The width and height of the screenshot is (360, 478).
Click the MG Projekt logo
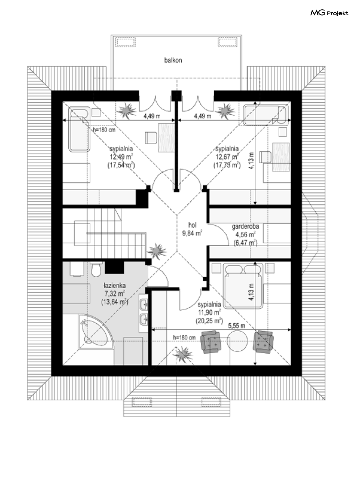tap(329, 13)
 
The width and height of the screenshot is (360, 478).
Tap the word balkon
tap(173, 60)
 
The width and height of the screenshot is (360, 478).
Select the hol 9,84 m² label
tap(192, 229)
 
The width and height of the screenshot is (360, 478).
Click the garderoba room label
tap(245, 227)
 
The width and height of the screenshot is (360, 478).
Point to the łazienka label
tap(115, 285)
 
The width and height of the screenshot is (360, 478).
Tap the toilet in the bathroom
tap(96, 269)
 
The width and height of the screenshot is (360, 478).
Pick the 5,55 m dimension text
tap(236, 326)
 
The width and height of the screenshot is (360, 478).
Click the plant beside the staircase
tap(157, 251)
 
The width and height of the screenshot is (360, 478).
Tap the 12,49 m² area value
tap(121, 157)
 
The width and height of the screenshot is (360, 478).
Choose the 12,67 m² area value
tap(227, 157)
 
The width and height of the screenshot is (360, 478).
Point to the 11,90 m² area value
tap(209, 312)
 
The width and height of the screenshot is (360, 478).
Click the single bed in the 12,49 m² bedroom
tap(79, 129)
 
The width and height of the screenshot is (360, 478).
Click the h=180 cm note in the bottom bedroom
tap(185, 338)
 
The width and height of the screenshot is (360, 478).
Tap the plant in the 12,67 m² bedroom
tap(226, 111)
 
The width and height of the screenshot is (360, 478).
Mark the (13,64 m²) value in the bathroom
tap(115, 302)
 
